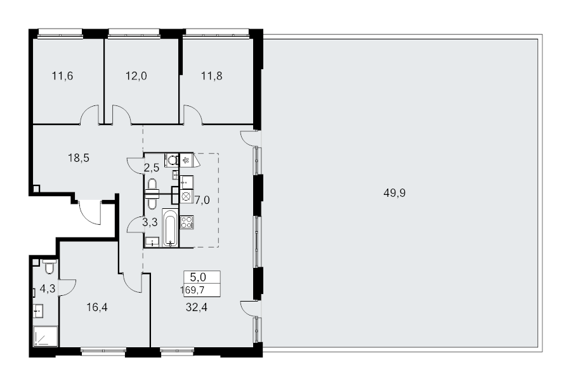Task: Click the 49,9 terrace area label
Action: click(x=395, y=193)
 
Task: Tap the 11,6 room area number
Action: click(x=62, y=76)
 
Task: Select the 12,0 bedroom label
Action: click(x=136, y=76)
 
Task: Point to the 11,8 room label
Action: click(x=211, y=76)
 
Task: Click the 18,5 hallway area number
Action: click(x=79, y=158)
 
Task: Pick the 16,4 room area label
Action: click(x=97, y=307)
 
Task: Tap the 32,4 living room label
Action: click(x=197, y=307)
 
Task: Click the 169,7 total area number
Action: click(x=192, y=289)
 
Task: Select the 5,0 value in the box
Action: click(x=198, y=277)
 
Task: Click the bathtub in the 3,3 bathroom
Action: click(x=170, y=227)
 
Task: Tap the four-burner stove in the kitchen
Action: click(x=187, y=222)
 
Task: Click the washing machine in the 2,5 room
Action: click(x=171, y=160)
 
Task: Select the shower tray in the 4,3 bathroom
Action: click(x=46, y=336)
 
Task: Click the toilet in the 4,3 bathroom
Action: click(x=49, y=267)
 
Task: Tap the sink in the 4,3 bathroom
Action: click(x=38, y=311)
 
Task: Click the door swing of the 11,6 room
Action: click(x=89, y=114)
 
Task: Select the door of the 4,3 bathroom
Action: click(x=67, y=287)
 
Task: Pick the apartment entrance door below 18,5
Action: click(x=90, y=213)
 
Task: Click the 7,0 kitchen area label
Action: click(x=202, y=200)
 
